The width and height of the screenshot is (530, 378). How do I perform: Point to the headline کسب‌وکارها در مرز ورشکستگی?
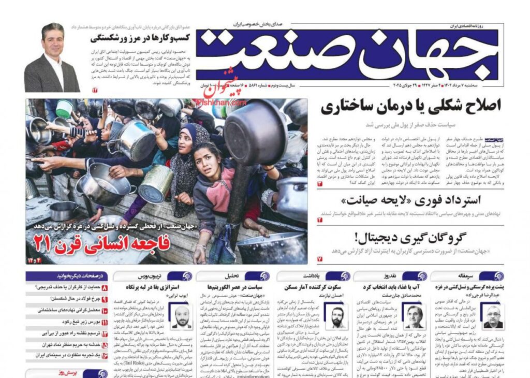(x=139, y=38)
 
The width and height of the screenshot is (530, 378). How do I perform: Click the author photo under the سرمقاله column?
(x=492, y=316)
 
